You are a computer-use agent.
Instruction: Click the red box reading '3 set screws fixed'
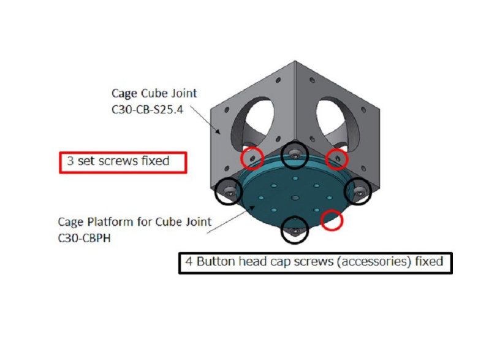coord(122,162)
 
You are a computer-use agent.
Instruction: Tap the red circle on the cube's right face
coord(336,158)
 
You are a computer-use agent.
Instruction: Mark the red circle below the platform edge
coord(332,221)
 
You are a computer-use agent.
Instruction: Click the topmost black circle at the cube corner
coord(295,156)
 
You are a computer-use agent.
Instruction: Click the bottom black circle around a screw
coord(295,231)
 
